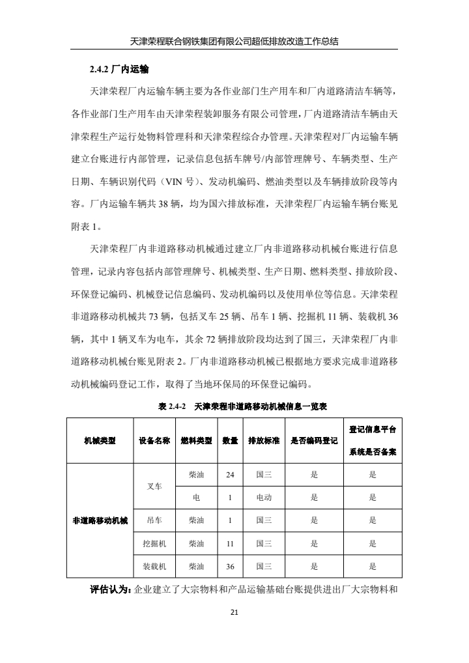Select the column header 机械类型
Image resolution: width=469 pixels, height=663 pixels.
pos(100,440)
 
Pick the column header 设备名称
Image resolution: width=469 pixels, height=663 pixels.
pos(154,440)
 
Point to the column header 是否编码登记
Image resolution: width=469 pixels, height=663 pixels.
pos(314,440)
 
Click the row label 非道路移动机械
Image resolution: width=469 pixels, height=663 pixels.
pos(100,520)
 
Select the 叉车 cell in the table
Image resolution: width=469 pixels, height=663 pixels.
pos(154,486)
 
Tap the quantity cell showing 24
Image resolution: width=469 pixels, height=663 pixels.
pos(230,475)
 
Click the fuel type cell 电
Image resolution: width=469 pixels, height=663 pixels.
pos(196,498)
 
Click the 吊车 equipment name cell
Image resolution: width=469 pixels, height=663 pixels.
pos(154,520)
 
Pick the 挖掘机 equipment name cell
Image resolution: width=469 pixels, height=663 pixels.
pos(154,543)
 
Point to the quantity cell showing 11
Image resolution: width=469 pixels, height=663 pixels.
pos(230,543)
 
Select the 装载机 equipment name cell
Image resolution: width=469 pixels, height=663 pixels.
pos(154,566)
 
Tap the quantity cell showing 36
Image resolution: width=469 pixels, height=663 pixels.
pos(230,566)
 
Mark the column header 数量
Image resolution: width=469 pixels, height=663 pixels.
pos(230,440)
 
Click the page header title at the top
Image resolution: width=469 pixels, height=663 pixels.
pos(234,40)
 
